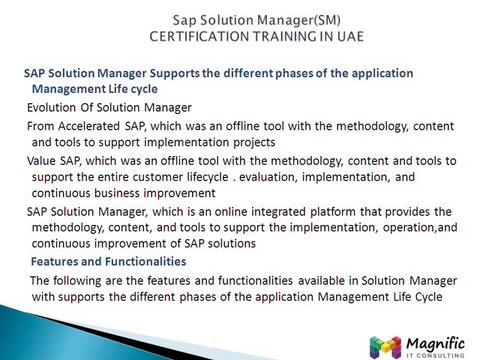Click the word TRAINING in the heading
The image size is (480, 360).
(x=283, y=36)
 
